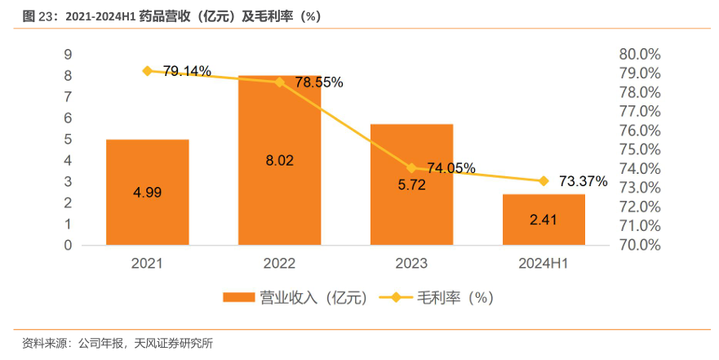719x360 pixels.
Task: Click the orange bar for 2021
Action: pyautogui.click(x=148, y=192)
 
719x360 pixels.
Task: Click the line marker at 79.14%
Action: pyautogui.click(x=148, y=71)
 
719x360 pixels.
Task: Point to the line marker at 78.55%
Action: pyautogui.click(x=280, y=82)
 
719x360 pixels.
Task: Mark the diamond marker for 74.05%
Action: pyautogui.click(x=411, y=168)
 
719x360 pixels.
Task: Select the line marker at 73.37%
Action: pyautogui.click(x=544, y=181)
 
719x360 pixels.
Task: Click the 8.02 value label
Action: pyautogui.click(x=279, y=161)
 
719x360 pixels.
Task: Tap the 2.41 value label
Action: pyautogui.click(x=544, y=219)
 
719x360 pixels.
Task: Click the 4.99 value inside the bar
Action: pyautogui.click(x=148, y=193)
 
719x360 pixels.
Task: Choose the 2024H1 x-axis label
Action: pyautogui.click(x=544, y=264)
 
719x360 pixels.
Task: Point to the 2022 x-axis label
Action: pyautogui.click(x=279, y=264)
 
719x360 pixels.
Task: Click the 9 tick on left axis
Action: pyautogui.click(x=69, y=55)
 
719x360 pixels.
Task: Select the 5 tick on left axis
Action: pyautogui.click(x=69, y=140)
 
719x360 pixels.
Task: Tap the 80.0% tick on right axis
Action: pyautogui.click(x=640, y=55)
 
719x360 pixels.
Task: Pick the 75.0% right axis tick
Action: pyautogui.click(x=640, y=149)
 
